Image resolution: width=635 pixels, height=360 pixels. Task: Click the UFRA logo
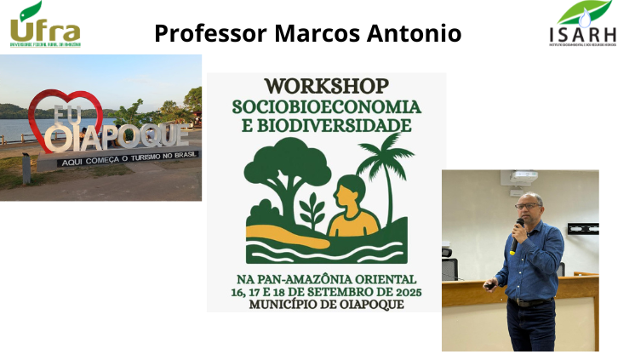click(x=44, y=26)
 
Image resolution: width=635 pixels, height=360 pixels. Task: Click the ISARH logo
click(x=584, y=25)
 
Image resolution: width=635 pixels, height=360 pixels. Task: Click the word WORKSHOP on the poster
click(x=326, y=87)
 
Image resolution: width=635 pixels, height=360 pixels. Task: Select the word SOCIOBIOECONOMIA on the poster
click(x=326, y=106)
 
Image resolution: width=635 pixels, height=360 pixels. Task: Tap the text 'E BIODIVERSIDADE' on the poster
click(x=326, y=125)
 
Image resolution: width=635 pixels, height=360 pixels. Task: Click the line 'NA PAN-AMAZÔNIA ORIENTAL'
click(x=326, y=279)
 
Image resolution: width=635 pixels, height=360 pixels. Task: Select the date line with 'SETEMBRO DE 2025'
click(x=326, y=292)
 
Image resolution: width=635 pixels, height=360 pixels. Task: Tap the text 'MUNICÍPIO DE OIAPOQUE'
click(x=326, y=305)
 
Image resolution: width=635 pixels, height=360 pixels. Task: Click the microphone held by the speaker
click(x=518, y=228)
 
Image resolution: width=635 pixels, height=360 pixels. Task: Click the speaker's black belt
click(x=529, y=301)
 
